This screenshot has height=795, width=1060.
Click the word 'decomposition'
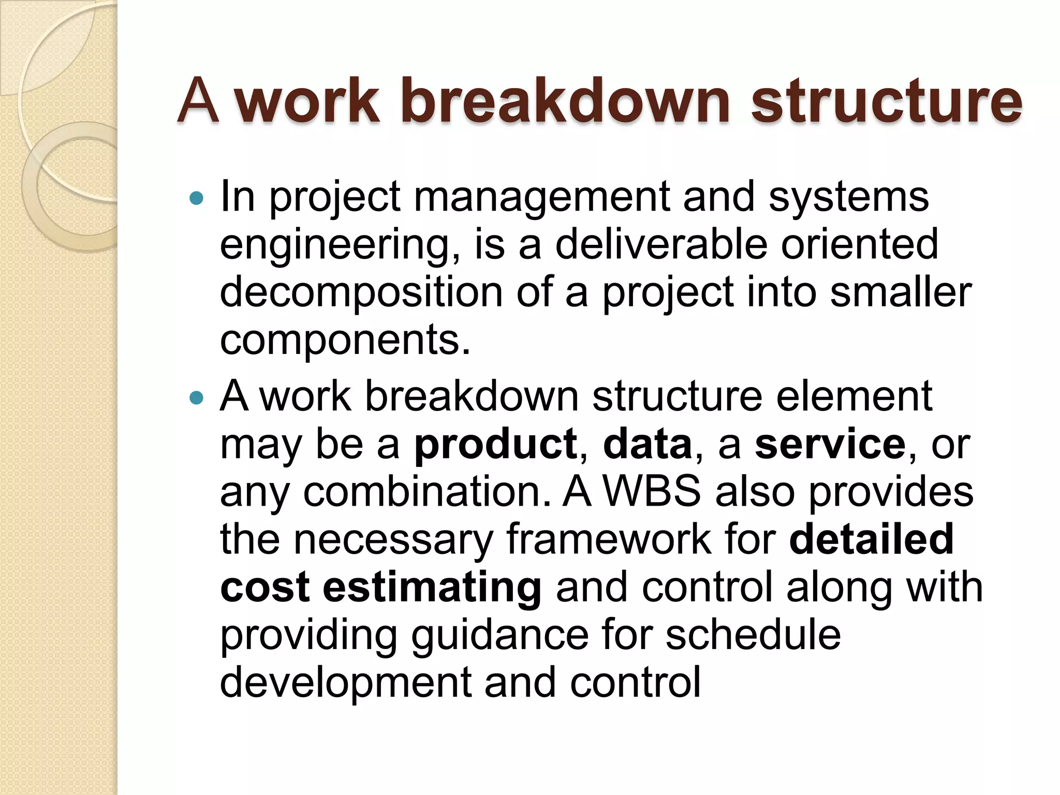[x=361, y=293]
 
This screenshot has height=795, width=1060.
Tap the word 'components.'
[x=345, y=341]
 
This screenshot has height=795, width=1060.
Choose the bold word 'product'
[x=495, y=444]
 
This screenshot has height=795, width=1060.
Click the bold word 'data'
[x=647, y=444]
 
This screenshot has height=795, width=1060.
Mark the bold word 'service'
[x=830, y=444]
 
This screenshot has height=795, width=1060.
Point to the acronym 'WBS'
[x=652, y=491]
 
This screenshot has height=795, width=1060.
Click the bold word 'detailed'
[x=871, y=539]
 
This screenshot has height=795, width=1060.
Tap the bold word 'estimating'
[x=432, y=587]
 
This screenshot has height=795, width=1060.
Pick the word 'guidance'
[x=499, y=636]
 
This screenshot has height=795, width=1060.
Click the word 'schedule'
[x=753, y=635]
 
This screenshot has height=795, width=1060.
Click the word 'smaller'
[x=901, y=292]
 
